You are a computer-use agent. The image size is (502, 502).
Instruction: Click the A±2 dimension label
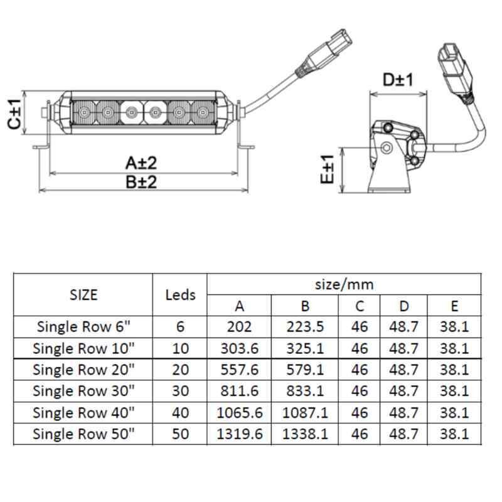141,163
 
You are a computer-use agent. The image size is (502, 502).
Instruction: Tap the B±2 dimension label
141,182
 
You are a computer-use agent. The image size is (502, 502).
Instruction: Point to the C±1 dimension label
14,114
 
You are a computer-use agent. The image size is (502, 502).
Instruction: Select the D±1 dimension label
397,80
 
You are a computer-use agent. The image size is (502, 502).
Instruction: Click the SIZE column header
83,294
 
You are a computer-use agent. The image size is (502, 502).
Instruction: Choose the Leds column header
180,294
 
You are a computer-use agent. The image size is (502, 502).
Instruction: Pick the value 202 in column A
239,326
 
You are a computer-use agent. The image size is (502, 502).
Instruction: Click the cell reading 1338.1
304,434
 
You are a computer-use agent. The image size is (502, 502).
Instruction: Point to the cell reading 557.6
239,370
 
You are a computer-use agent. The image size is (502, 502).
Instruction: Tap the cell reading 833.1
304,391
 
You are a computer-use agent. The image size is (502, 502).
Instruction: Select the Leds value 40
180,413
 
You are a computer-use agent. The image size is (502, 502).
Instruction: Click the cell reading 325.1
304,348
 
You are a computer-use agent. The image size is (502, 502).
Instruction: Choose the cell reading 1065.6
239,413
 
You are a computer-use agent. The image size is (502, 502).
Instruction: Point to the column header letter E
454,306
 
